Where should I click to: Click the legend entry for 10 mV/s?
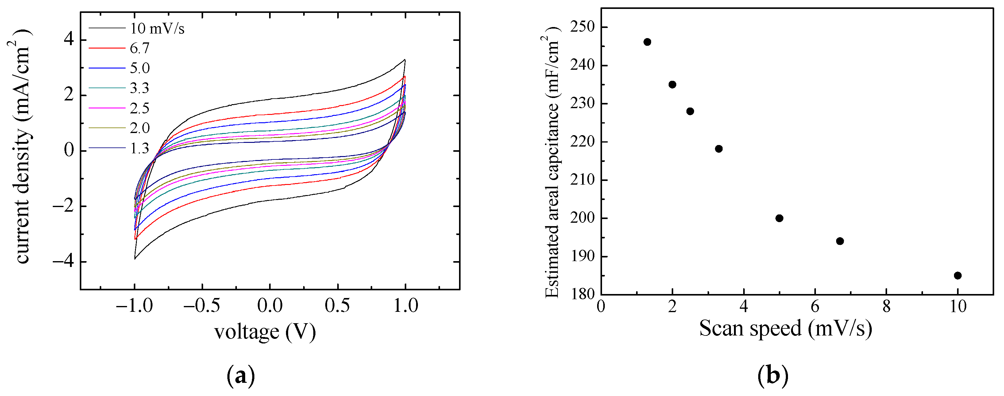157,29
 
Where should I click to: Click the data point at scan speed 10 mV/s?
957,276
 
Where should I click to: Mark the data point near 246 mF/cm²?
647,42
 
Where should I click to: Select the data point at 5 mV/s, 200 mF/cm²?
779,218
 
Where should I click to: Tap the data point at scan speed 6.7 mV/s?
840,241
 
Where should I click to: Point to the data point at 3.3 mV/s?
719,149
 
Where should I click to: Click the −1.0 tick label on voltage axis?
134,305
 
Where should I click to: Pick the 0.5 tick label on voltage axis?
337,305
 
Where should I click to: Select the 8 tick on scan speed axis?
886,307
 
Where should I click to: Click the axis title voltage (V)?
265,332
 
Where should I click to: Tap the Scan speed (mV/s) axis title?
785,328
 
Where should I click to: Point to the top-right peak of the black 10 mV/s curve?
405,60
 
